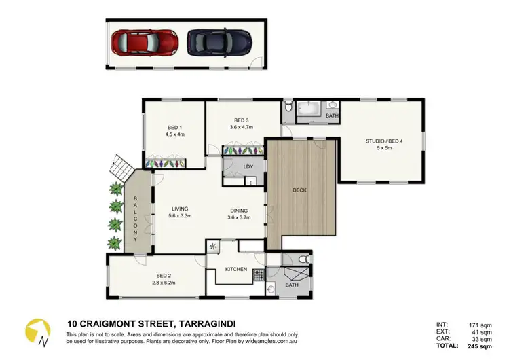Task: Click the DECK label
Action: click(301, 190)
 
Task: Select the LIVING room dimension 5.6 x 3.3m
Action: click(179, 217)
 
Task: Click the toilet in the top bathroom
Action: click(289, 106)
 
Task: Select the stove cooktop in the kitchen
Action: click(259, 275)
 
